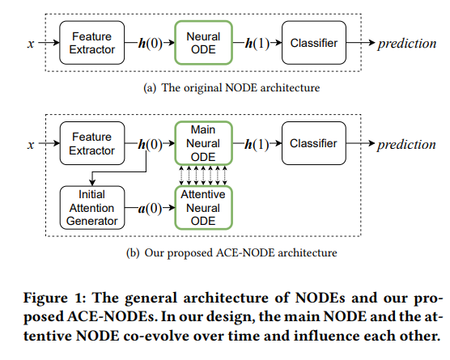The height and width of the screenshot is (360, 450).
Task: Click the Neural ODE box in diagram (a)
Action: click(203, 43)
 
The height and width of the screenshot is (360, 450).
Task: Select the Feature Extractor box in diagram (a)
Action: click(91, 43)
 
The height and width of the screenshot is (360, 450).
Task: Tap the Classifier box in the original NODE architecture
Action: click(314, 43)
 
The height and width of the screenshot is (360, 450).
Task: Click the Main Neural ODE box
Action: click(203, 143)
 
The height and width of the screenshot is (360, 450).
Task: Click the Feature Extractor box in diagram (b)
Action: click(91, 143)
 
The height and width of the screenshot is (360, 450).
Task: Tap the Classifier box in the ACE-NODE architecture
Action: click(314, 143)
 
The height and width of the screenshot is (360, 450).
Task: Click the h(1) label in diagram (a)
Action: click(257, 43)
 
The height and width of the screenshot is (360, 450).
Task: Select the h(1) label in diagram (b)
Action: click(257, 143)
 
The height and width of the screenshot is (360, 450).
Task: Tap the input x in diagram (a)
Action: click(31, 44)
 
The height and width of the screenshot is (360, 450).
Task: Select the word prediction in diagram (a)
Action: click(406, 44)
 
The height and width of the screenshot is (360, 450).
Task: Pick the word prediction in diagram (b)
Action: click(406, 144)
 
